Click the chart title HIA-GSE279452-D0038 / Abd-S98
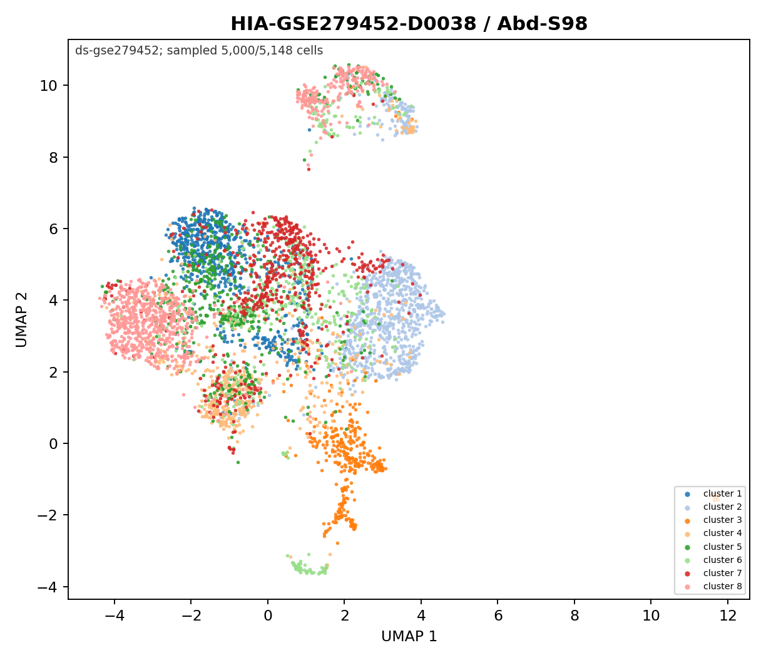409,24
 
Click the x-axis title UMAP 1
409,636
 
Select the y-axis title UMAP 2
21,320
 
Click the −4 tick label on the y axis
48,587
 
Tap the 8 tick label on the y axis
53,158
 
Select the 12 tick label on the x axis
727,616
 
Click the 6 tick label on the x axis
498,616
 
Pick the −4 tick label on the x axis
114,616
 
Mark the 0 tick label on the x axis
268,616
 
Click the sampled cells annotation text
199,51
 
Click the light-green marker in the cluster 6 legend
687,560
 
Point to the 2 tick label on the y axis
53,372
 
